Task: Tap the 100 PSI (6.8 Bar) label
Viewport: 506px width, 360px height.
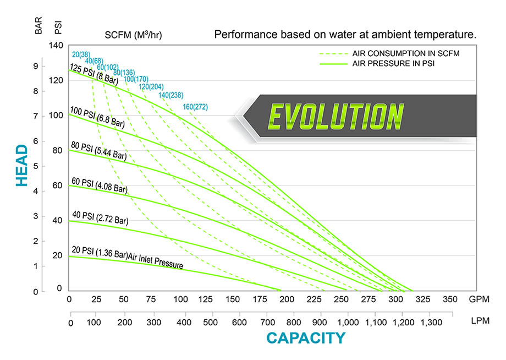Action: [97, 117]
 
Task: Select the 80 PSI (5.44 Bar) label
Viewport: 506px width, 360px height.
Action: [98, 151]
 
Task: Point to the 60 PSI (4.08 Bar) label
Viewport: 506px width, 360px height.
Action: [99, 186]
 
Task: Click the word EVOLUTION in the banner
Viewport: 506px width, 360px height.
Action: [335, 116]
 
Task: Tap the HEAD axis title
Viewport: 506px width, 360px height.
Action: [21, 165]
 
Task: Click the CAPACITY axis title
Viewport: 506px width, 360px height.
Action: [306, 338]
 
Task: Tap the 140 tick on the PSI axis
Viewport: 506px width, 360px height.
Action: [57, 46]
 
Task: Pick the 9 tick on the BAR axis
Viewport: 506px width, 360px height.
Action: [36, 66]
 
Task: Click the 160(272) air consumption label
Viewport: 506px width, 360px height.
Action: [196, 107]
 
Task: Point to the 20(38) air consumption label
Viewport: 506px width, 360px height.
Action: [81, 54]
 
